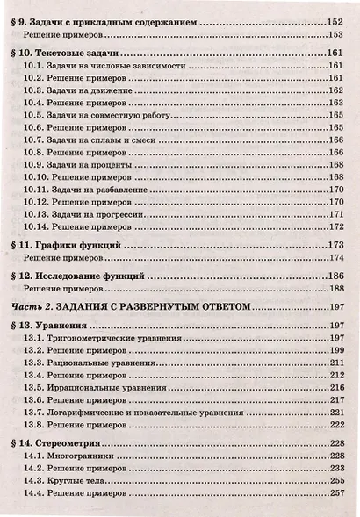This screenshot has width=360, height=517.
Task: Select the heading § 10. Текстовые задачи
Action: [71, 54]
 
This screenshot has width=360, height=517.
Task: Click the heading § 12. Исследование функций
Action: [82, 276]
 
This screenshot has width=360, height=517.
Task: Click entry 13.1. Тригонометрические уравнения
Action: [103, 338]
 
